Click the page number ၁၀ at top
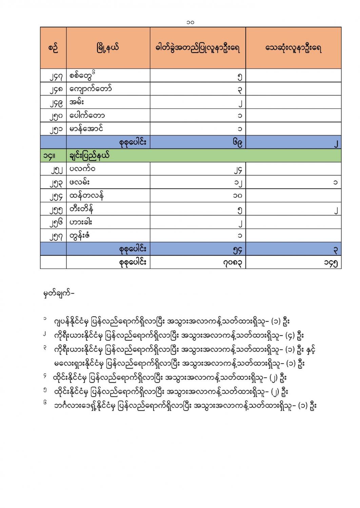(x=190, y=22)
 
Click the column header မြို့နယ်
(x=108, y=48)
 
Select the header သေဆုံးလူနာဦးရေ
(x=293, y=48)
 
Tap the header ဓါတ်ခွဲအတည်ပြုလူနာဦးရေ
(x=198, y=48)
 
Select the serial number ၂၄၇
(x=56, y=77)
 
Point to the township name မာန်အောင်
(x=86, y=129)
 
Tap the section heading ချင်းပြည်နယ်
(x=89, y=156)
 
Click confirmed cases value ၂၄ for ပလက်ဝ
(x=238, y=169)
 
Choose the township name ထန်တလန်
(x=86, y=195)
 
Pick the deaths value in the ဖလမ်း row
(x=335, y=183)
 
